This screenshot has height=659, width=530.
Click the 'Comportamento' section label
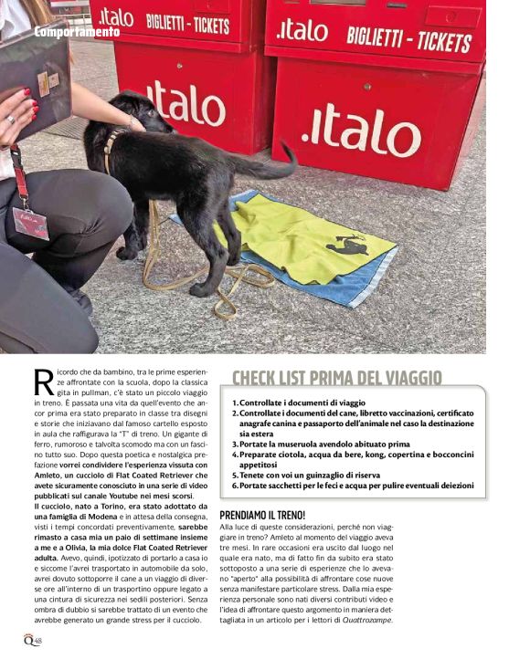tap(77, 32)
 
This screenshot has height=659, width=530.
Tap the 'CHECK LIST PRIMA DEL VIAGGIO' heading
tap(336, 378)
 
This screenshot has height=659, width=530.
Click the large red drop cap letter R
tap(43, 383)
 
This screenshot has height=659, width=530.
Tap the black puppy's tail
tap(273, 164)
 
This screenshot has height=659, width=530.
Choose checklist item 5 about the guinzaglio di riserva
tap(318, 475)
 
